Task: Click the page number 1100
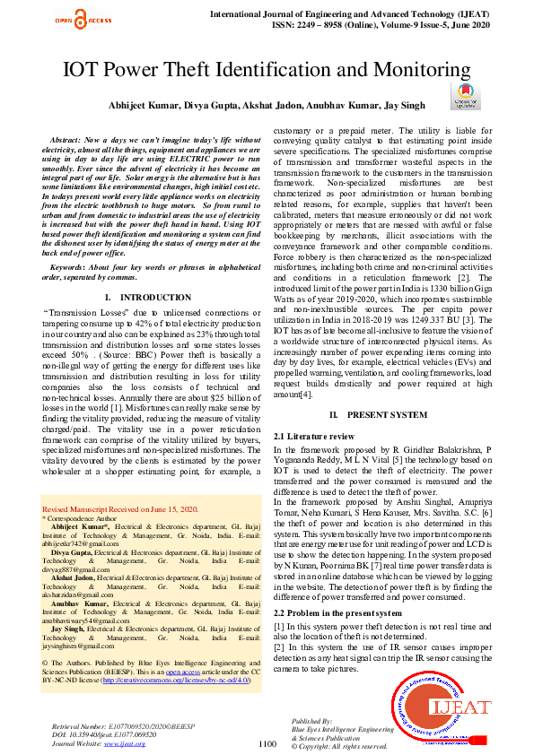coord(267,743)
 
